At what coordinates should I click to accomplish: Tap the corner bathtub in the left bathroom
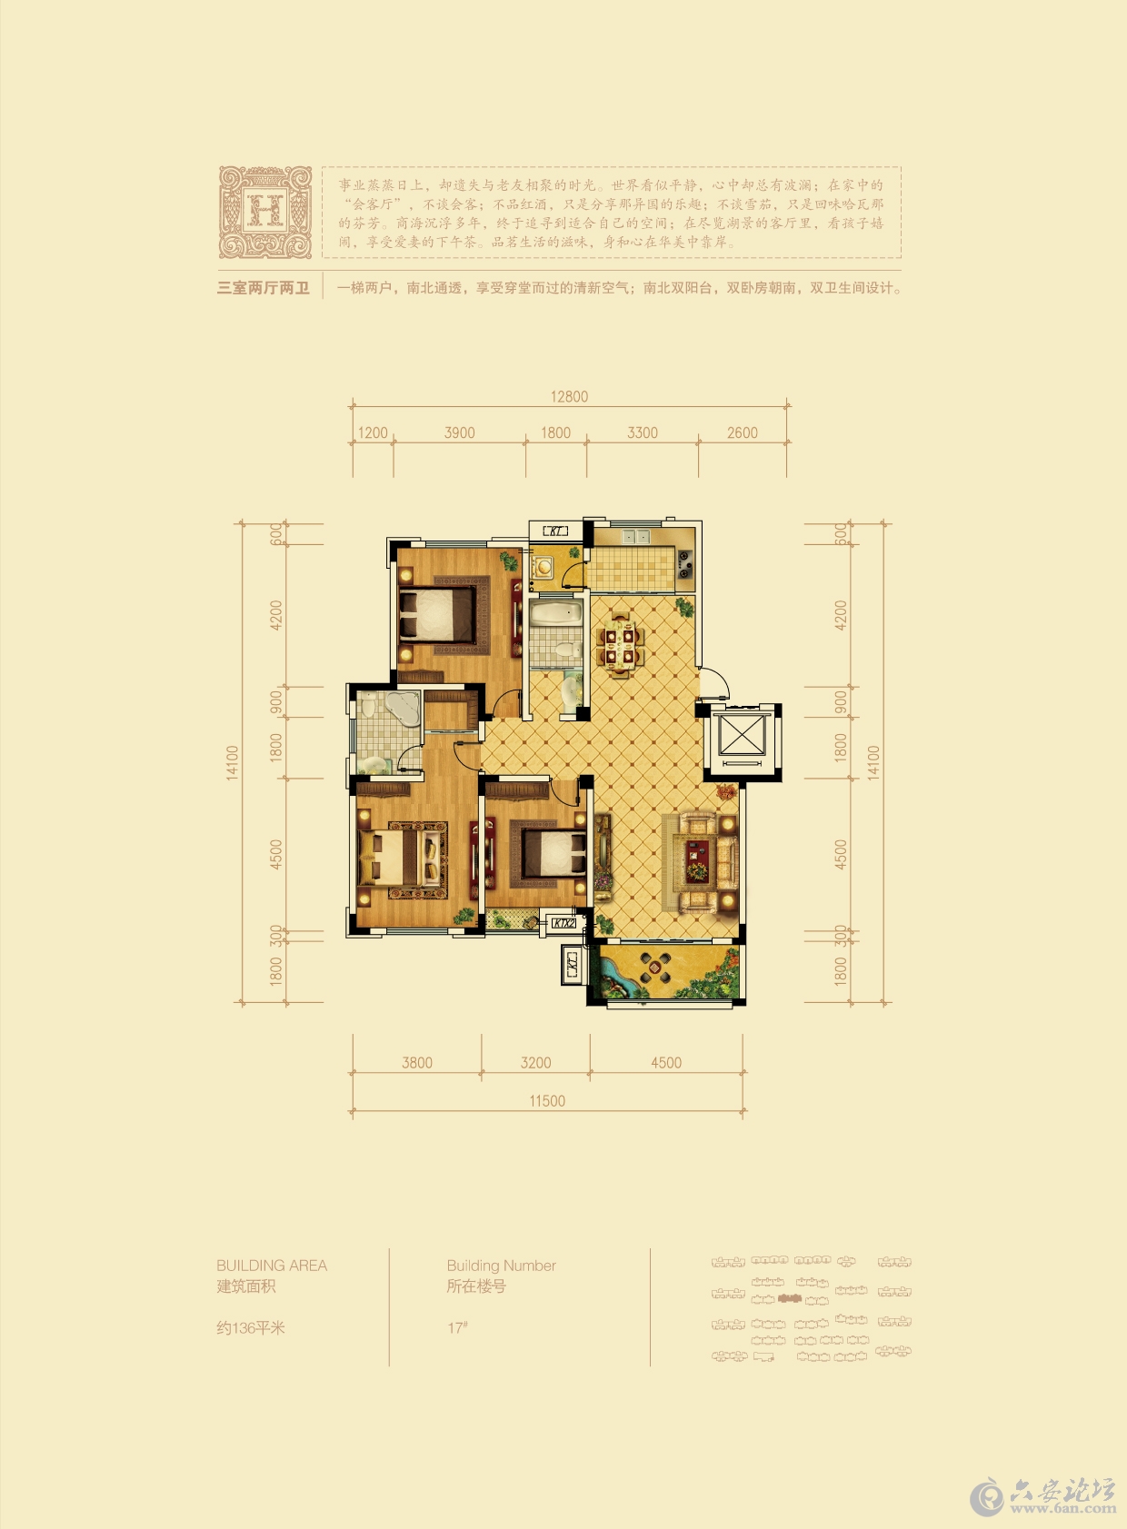point(401,708)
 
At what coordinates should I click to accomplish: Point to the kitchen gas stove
point(684,564)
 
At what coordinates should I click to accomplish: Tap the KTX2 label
point(563,923)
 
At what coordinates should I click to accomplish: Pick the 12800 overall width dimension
point(569,397)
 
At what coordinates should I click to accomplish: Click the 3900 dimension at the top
point(459,433)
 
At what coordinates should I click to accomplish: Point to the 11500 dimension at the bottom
point(547,1101)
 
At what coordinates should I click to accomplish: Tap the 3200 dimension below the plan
point(535,1063)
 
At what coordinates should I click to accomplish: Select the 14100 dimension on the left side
point(233,762)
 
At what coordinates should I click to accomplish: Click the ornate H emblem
point(264,212)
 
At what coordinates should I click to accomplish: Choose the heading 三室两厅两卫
point(263,288)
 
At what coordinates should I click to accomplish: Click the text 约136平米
point(251,1328)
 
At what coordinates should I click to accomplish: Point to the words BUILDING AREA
point(271,1266)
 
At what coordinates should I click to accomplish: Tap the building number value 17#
point(457,1328)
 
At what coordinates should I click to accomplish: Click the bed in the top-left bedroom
point(438,613)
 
